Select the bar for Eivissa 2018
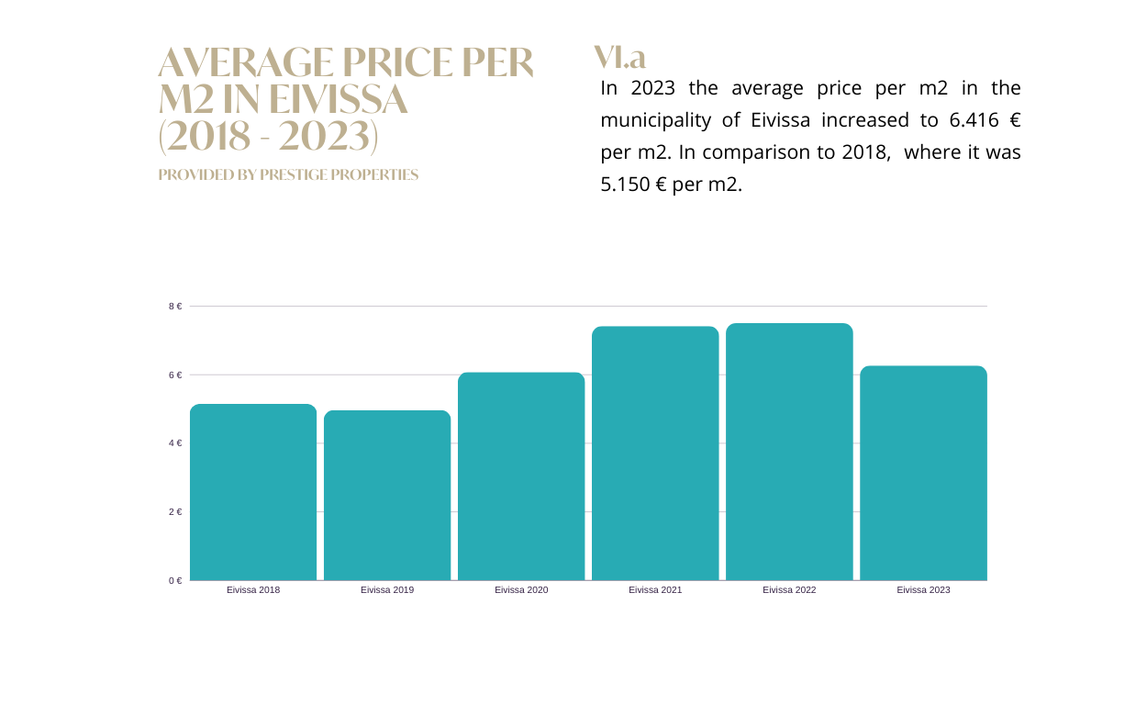(x=253, y=492)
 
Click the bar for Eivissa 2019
(x=387, y=496)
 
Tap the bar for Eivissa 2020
(x=521, y=476)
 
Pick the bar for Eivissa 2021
(x=655, y=453)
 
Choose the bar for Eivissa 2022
(x=789, y=452)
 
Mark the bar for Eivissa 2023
(x=923, y=473)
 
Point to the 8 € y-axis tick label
(x=175, y=307)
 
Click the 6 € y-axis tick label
(x=175, y=375)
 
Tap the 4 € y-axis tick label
(x=175, y=443)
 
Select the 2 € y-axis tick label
(x=175, y=512)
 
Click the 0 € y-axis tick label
(x=175, y=580)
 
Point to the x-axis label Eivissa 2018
(x=253, y=590)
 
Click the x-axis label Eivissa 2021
(x=655, y=590)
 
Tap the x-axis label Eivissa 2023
(x=923, y=590)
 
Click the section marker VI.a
(x=620, y=57)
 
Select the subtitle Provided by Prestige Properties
(x=288, y=174)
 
